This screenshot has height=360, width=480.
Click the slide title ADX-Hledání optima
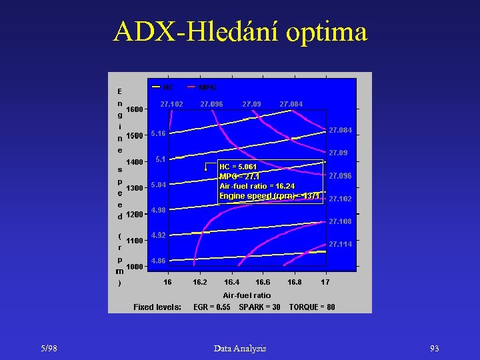coord(240,31)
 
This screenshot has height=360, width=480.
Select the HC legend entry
coord(167,87)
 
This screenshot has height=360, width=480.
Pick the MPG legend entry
coord(207,87)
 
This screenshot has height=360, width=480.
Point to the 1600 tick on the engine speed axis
coord(135,109)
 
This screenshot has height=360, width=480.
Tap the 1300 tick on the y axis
coord(135,189)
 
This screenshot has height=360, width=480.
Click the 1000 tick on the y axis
coord(135,267)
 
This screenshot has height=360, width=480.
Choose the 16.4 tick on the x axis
coord(232,282)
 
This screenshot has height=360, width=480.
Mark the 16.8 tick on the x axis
coord(294,282)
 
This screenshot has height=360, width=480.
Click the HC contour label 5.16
coord(158,133)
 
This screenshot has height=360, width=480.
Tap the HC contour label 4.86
coord(158,261)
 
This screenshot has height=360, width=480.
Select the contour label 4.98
coord(158,210)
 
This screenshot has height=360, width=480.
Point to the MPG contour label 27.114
coord(340,245)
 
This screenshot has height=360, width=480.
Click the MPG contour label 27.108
coord(340,221)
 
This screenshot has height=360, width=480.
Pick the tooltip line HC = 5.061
coord(238,166)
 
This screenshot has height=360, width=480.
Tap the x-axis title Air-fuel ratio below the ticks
coord(247,295)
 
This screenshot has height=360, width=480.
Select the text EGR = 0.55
coord(212,307)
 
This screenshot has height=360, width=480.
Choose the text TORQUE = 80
coord(312,307)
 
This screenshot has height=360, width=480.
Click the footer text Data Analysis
coord(240,349)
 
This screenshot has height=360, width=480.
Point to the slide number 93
coord(434,349)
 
